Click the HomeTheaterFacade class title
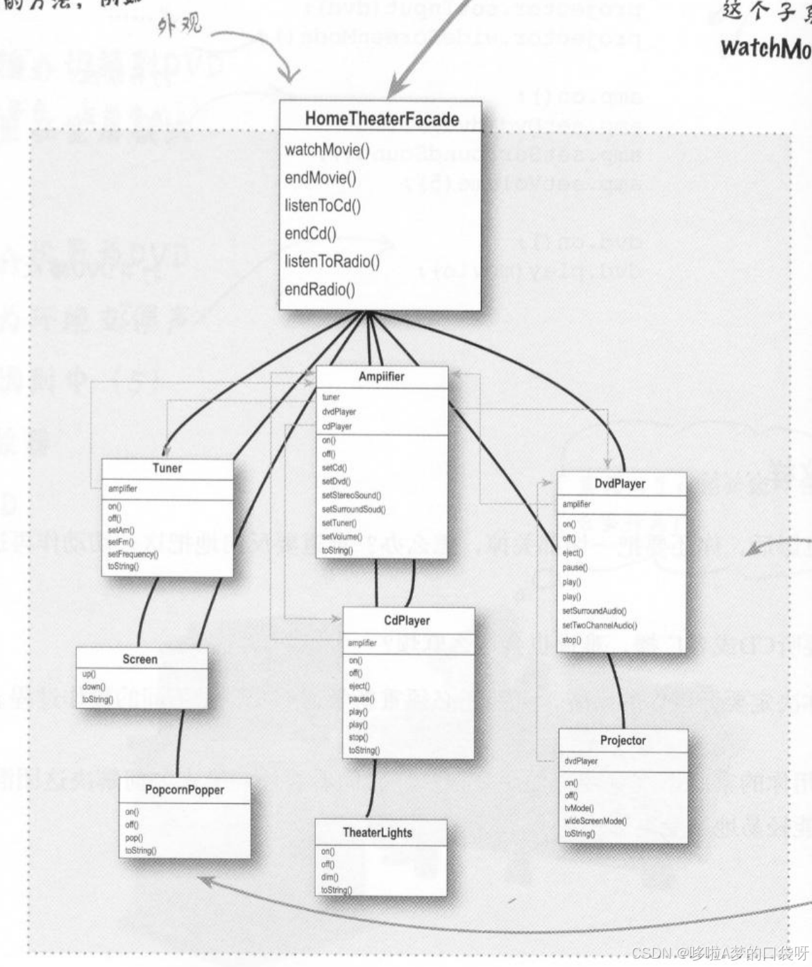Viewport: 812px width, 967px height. coord(382,119)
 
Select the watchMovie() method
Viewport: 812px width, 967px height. coord(327,150)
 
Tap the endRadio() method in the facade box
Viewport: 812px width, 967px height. coord(319,289)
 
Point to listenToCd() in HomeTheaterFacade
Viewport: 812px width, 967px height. coord(323,205)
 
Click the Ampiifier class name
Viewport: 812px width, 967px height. coord(381,377)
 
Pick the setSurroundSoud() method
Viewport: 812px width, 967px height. coord(353,509)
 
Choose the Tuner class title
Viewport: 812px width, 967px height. coord(167,468)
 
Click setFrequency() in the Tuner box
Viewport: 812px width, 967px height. coord(133,554)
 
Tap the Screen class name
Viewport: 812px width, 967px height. coord(140,659)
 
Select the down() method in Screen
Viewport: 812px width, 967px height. coord(94,687)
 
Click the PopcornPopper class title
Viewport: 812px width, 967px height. coord(185,789)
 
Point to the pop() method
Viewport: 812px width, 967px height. coord(133,837)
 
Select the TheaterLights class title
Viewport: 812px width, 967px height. coord(378,832)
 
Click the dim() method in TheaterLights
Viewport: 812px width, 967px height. coord(328,878)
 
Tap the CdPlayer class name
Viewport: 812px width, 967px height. coord(407,621)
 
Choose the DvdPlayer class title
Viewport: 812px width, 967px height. coord(620,483)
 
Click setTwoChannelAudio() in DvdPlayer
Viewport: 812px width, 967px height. coord(599,626)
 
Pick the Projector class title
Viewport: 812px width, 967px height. coord(623,740)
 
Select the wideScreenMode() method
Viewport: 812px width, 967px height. coord(595,821)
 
